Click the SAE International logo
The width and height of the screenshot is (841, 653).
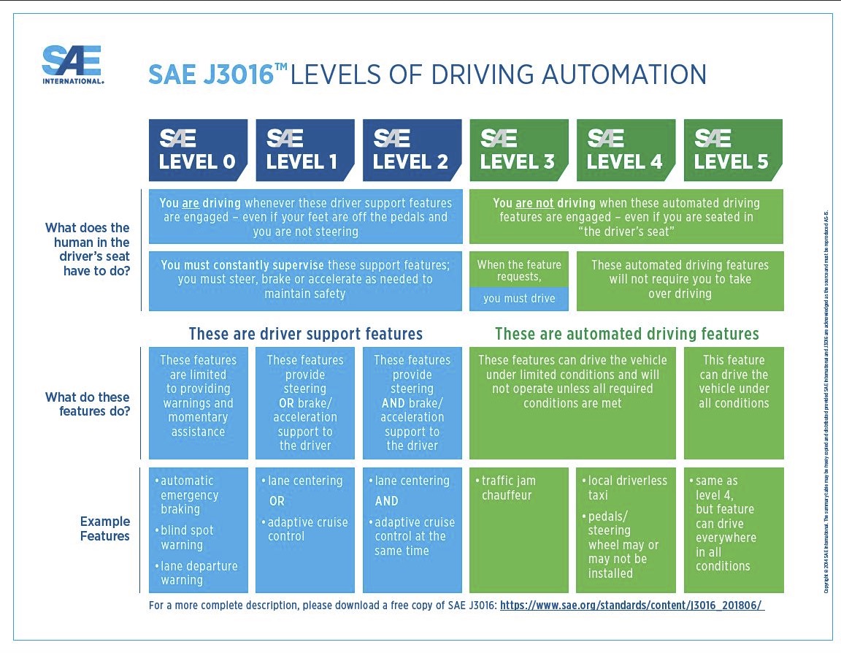point(72,65)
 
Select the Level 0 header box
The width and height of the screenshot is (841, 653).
point(198,150)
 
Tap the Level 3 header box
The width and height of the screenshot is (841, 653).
point(518,150)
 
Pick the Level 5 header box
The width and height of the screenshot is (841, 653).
point(732,150)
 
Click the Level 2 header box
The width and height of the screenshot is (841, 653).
point(412,150)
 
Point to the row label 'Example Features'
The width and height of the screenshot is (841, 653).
point(105,529)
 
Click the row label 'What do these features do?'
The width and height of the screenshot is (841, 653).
point(88,404)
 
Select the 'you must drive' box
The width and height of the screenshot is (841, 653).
point(519,298)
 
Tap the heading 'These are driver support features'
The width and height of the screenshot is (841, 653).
point(305,334)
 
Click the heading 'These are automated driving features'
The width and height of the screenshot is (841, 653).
point(626,334)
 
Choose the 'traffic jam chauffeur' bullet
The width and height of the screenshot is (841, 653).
point(509,488)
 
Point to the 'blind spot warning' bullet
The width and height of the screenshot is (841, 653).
point(187,538)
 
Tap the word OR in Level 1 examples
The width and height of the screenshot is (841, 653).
point(277,501)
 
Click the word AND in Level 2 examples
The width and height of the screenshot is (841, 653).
point(387,501)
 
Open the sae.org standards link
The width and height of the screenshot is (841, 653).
point(632,606)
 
